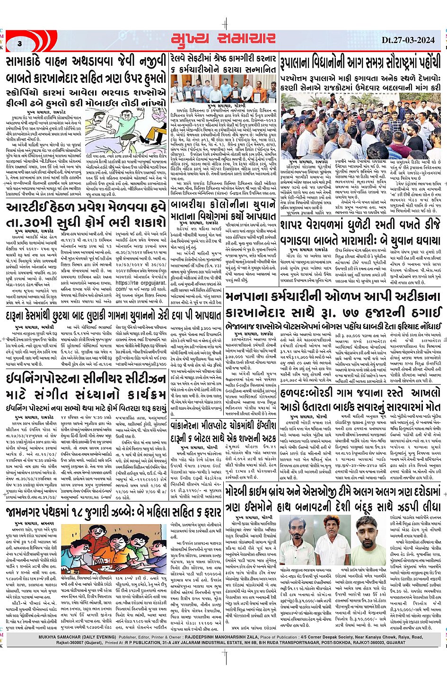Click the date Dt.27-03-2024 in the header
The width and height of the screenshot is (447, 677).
click(x=408, y=40)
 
